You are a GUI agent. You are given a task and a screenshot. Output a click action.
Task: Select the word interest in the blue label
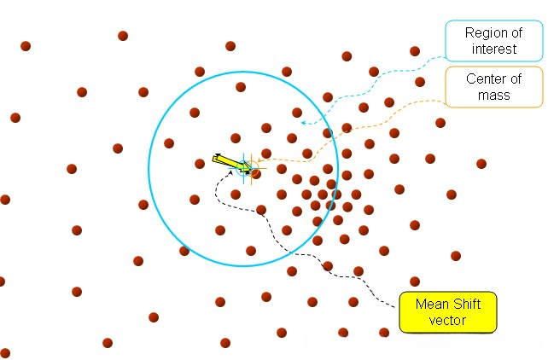491,49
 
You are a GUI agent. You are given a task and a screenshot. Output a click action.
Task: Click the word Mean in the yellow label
432,305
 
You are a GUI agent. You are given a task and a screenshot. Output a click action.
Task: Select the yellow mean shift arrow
231,161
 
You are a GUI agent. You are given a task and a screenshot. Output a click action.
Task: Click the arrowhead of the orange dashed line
259,160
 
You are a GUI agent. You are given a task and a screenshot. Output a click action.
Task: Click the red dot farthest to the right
481,164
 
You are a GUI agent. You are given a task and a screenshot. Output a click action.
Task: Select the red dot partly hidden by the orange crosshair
256,173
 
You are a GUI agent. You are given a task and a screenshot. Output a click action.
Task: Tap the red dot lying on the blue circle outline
184,251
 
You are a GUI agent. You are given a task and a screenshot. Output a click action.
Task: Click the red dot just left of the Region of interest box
415,51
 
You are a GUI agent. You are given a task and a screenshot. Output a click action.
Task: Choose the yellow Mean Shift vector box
448,312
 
